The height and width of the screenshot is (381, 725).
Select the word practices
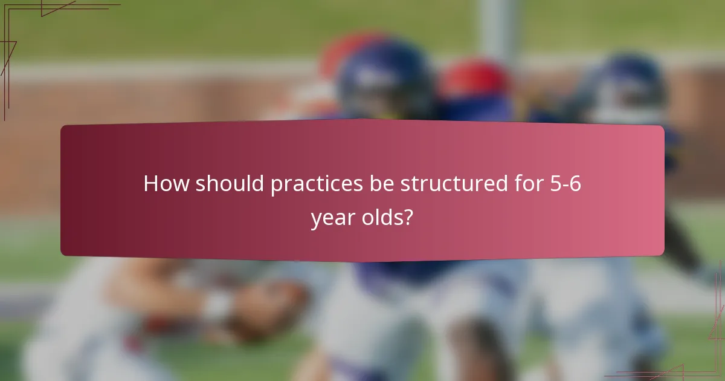click(x=316, y=184)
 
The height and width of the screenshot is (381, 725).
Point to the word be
click(x=382, y=184)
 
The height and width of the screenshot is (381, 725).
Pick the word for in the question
click(x=528, y=184)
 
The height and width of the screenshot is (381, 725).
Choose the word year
click(x=333, y=217)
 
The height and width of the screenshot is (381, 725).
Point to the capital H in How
click(x=151, y=184)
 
